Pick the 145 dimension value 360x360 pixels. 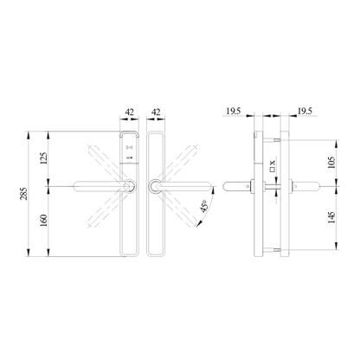tap(331, 219)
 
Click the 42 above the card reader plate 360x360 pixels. tap(128, 112)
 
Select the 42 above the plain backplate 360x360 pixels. tap(157, 112)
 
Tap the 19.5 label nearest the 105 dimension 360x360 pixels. tap(304, 112)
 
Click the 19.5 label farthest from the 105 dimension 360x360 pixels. tap(235, 112)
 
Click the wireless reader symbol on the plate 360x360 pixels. tap(130, 157)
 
